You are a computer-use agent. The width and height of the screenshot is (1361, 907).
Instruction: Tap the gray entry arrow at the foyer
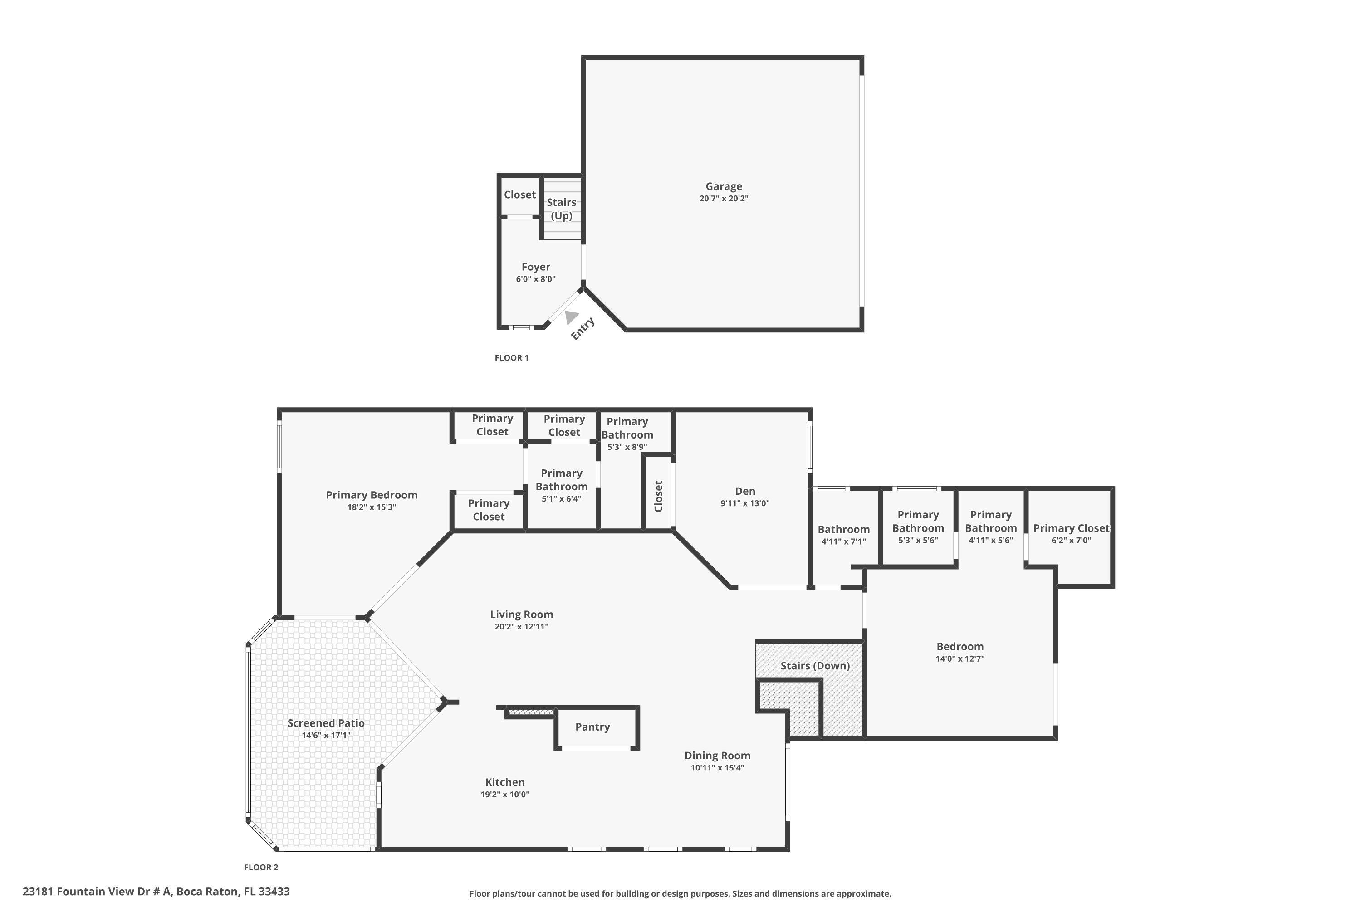pos(571,317)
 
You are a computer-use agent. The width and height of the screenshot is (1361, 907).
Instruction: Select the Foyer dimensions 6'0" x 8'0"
pos(535,279)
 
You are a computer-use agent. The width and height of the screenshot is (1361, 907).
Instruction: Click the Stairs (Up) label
pos(561,209)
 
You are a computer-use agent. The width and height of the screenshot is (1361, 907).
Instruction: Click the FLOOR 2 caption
pos(261,868)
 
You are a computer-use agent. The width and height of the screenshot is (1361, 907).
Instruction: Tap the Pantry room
pos(592,727)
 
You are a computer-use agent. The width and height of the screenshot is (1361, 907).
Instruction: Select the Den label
pos(745,491)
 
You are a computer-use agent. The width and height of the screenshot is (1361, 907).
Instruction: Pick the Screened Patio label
pos(326,723)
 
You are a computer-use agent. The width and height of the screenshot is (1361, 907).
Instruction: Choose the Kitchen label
pos(504,782)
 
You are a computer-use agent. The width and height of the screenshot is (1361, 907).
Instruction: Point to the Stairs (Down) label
pos(815,666)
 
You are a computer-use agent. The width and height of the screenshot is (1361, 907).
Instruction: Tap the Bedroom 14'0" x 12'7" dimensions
pos(960,659)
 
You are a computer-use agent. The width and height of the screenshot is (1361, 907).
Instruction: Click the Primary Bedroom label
pos(372,495)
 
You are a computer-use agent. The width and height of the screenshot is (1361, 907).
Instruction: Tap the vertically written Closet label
pos(658,496)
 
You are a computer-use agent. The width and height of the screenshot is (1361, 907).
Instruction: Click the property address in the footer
pos(156,892)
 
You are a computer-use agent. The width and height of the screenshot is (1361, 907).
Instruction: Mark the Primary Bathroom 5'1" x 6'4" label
pos(561,485)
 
